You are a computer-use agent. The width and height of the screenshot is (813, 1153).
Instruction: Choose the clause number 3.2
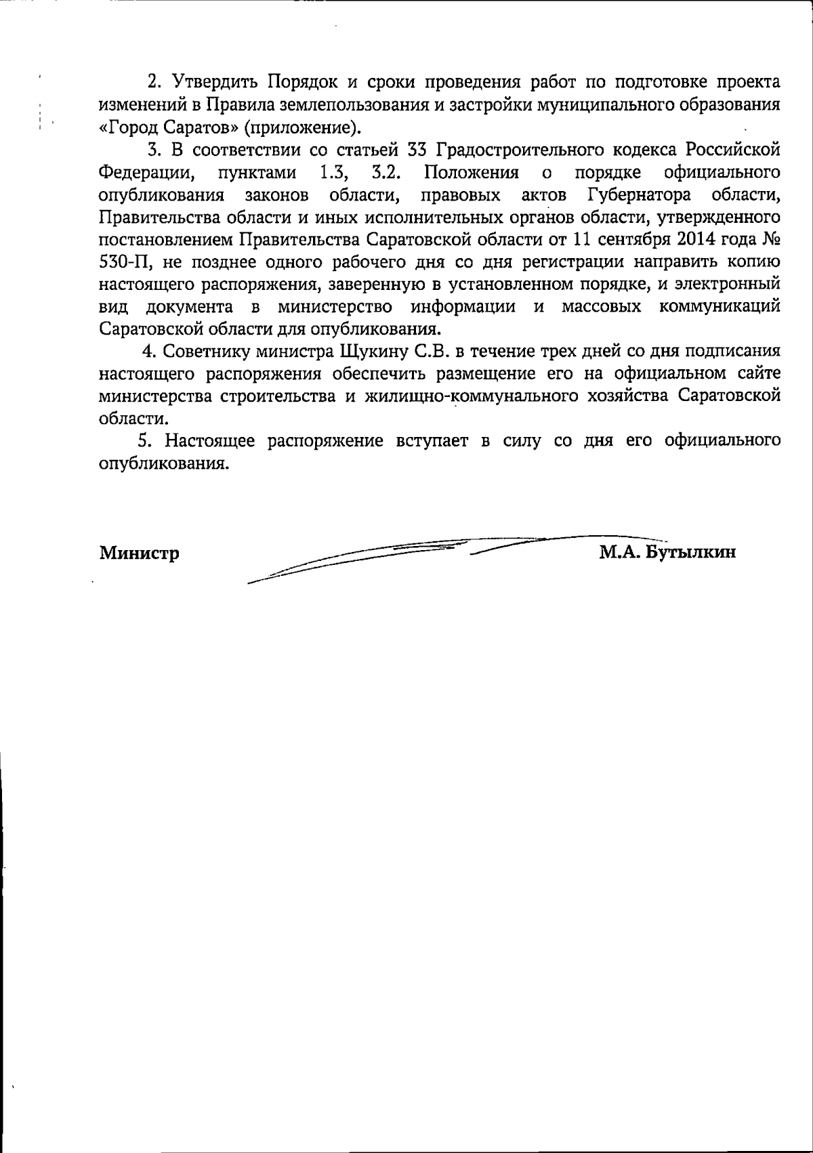click(x=388, y=172)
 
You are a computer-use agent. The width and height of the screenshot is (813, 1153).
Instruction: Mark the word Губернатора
click(x=639, y=195)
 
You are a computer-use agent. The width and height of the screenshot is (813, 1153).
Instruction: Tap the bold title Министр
click(x=140, y=553)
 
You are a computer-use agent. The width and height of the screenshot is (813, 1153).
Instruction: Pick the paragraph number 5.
click(x=143, y=441)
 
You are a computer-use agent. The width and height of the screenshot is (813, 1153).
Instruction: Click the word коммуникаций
click(x=720, y=307)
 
